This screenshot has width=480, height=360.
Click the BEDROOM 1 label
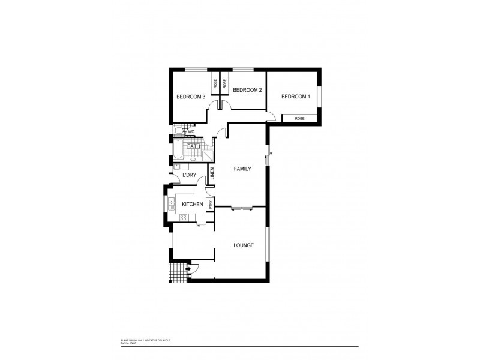tap(296, 97)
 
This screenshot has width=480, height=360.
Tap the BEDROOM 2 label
tap(247, 90)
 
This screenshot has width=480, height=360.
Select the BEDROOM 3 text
tap(191, 97)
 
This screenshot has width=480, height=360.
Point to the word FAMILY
tap(242, 169)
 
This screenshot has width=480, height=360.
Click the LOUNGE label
tap(244, 245)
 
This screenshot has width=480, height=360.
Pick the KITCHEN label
tap(192, 205)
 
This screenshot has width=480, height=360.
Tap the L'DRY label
tap(190, 175)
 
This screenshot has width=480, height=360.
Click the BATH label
tap(193, 146)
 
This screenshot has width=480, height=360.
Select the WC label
tap(191, 132)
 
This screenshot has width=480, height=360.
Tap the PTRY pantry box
tap(210, 205)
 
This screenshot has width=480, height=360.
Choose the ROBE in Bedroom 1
tap(299, 119)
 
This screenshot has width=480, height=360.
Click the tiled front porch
tap(177, 274)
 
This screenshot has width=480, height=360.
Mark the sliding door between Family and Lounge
tap(242, 208)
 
